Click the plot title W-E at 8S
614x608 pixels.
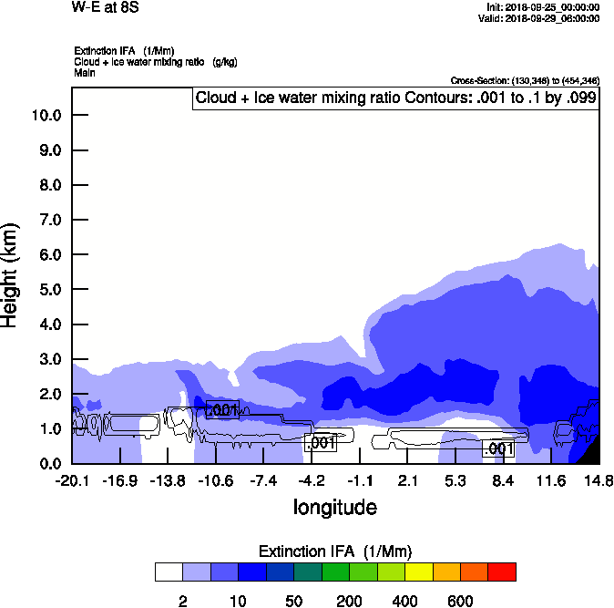pos(106,7)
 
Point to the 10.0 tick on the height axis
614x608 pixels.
pos(46,116)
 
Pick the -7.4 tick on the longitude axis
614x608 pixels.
pos(263,480)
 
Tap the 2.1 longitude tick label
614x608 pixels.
pos(407,480)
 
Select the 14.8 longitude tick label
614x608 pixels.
pos(599,480)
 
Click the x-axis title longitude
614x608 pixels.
pos(334,507)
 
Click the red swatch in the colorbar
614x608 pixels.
pos(502,572)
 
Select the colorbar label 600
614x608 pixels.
pos(460,602)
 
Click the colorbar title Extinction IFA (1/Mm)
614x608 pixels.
pos(334,551)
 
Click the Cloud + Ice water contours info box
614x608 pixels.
pos(396,98)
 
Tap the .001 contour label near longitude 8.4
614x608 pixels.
pos(499,448)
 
